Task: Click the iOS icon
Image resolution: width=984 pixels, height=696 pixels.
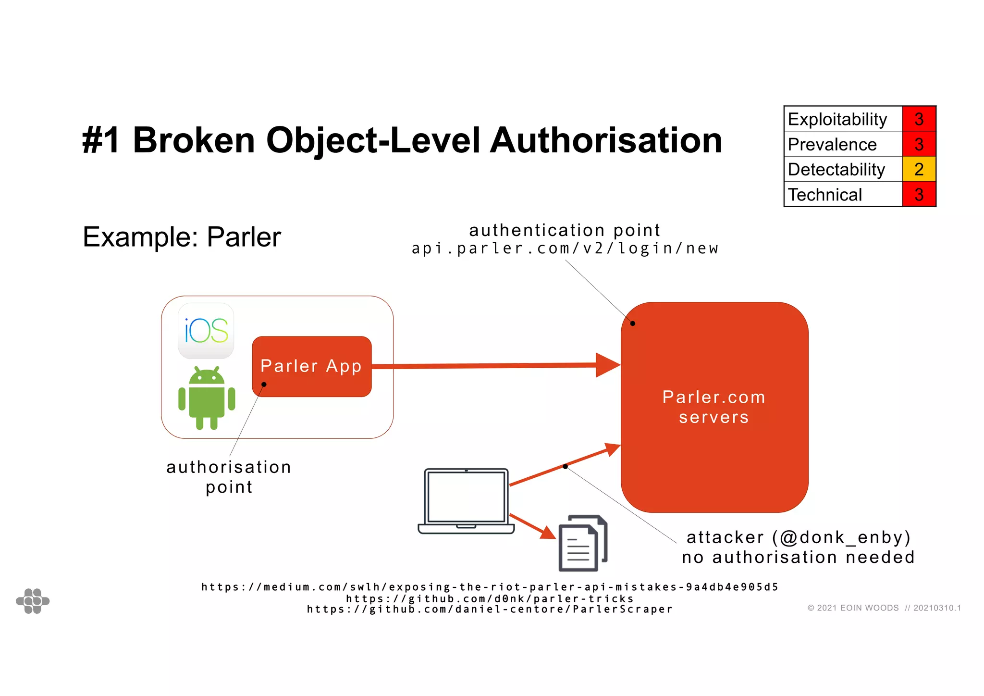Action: coord(206,331)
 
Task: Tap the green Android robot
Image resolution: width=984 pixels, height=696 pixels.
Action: coord(207,398)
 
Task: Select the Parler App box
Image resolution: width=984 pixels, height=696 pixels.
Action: coord(311,366)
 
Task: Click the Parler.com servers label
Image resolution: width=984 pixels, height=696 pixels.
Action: coord(714,407)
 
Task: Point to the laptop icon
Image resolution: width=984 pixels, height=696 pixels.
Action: coord(466,500)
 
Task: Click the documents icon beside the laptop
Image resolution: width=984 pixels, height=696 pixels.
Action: coord(583,543)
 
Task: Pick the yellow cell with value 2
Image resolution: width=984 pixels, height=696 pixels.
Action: coord(919,169)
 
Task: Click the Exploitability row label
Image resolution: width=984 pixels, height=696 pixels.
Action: coord(837,119)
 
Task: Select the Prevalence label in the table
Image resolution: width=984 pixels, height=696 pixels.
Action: coord(832,144)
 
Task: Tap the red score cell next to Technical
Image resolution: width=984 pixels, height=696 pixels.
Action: coord(919,195)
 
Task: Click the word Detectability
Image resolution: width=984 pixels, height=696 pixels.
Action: coord(836,169)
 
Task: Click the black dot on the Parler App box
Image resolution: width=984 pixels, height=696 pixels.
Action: coord(264,384)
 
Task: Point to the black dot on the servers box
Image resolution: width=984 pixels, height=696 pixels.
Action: coord(633,323)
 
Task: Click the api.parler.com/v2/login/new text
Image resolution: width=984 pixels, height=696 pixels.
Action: coord(565,249)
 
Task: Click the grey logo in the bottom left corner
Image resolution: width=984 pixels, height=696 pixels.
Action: coord(33,601)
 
